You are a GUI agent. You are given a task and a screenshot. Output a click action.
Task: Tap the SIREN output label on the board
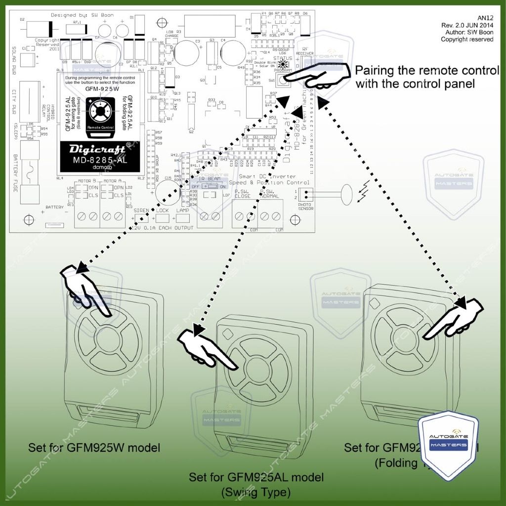click(x=142, y=211)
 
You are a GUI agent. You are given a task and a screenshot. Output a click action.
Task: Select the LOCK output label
click(x=162, y=211)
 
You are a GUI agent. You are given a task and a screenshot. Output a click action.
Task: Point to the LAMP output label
click(x=183, y=211)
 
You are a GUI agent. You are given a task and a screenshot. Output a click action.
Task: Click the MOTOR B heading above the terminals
click(x=88, y=181)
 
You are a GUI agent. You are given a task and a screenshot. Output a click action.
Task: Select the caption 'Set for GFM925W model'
click(x=94, y=448)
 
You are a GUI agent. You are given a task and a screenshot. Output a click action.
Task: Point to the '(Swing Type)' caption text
click(x=255, y=492)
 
